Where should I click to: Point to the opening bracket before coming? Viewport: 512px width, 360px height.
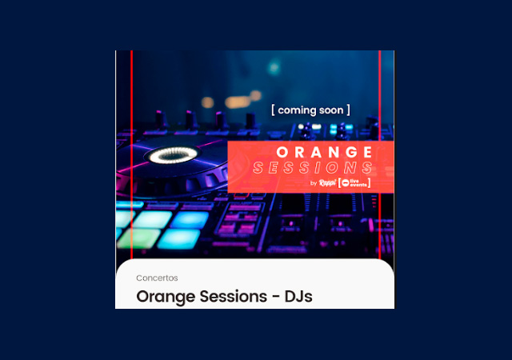[x=274, y=110]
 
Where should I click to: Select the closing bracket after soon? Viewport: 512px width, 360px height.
[x=348, y=110]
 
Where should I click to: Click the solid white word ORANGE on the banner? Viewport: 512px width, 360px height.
[x=324, y=152]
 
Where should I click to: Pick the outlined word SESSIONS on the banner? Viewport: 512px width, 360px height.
[x=313, y=168]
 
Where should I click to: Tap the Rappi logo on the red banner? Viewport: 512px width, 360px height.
[x=327, y=183]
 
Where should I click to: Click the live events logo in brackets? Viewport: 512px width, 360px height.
[x=354, y=183]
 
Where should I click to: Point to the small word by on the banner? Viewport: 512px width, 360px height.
[x=313, y=184]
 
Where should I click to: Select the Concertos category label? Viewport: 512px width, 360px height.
[x=157, y=278]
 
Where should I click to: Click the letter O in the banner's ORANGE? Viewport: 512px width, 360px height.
[x=282, y=152]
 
